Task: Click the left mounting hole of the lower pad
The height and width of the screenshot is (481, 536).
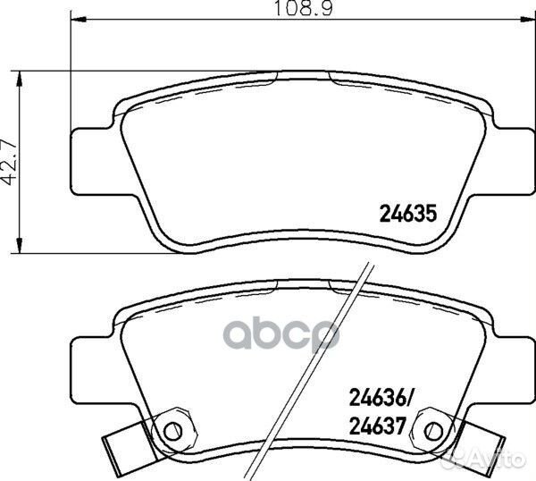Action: [x=176, y=430]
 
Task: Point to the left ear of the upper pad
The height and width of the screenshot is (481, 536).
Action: [x=90, y=161]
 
